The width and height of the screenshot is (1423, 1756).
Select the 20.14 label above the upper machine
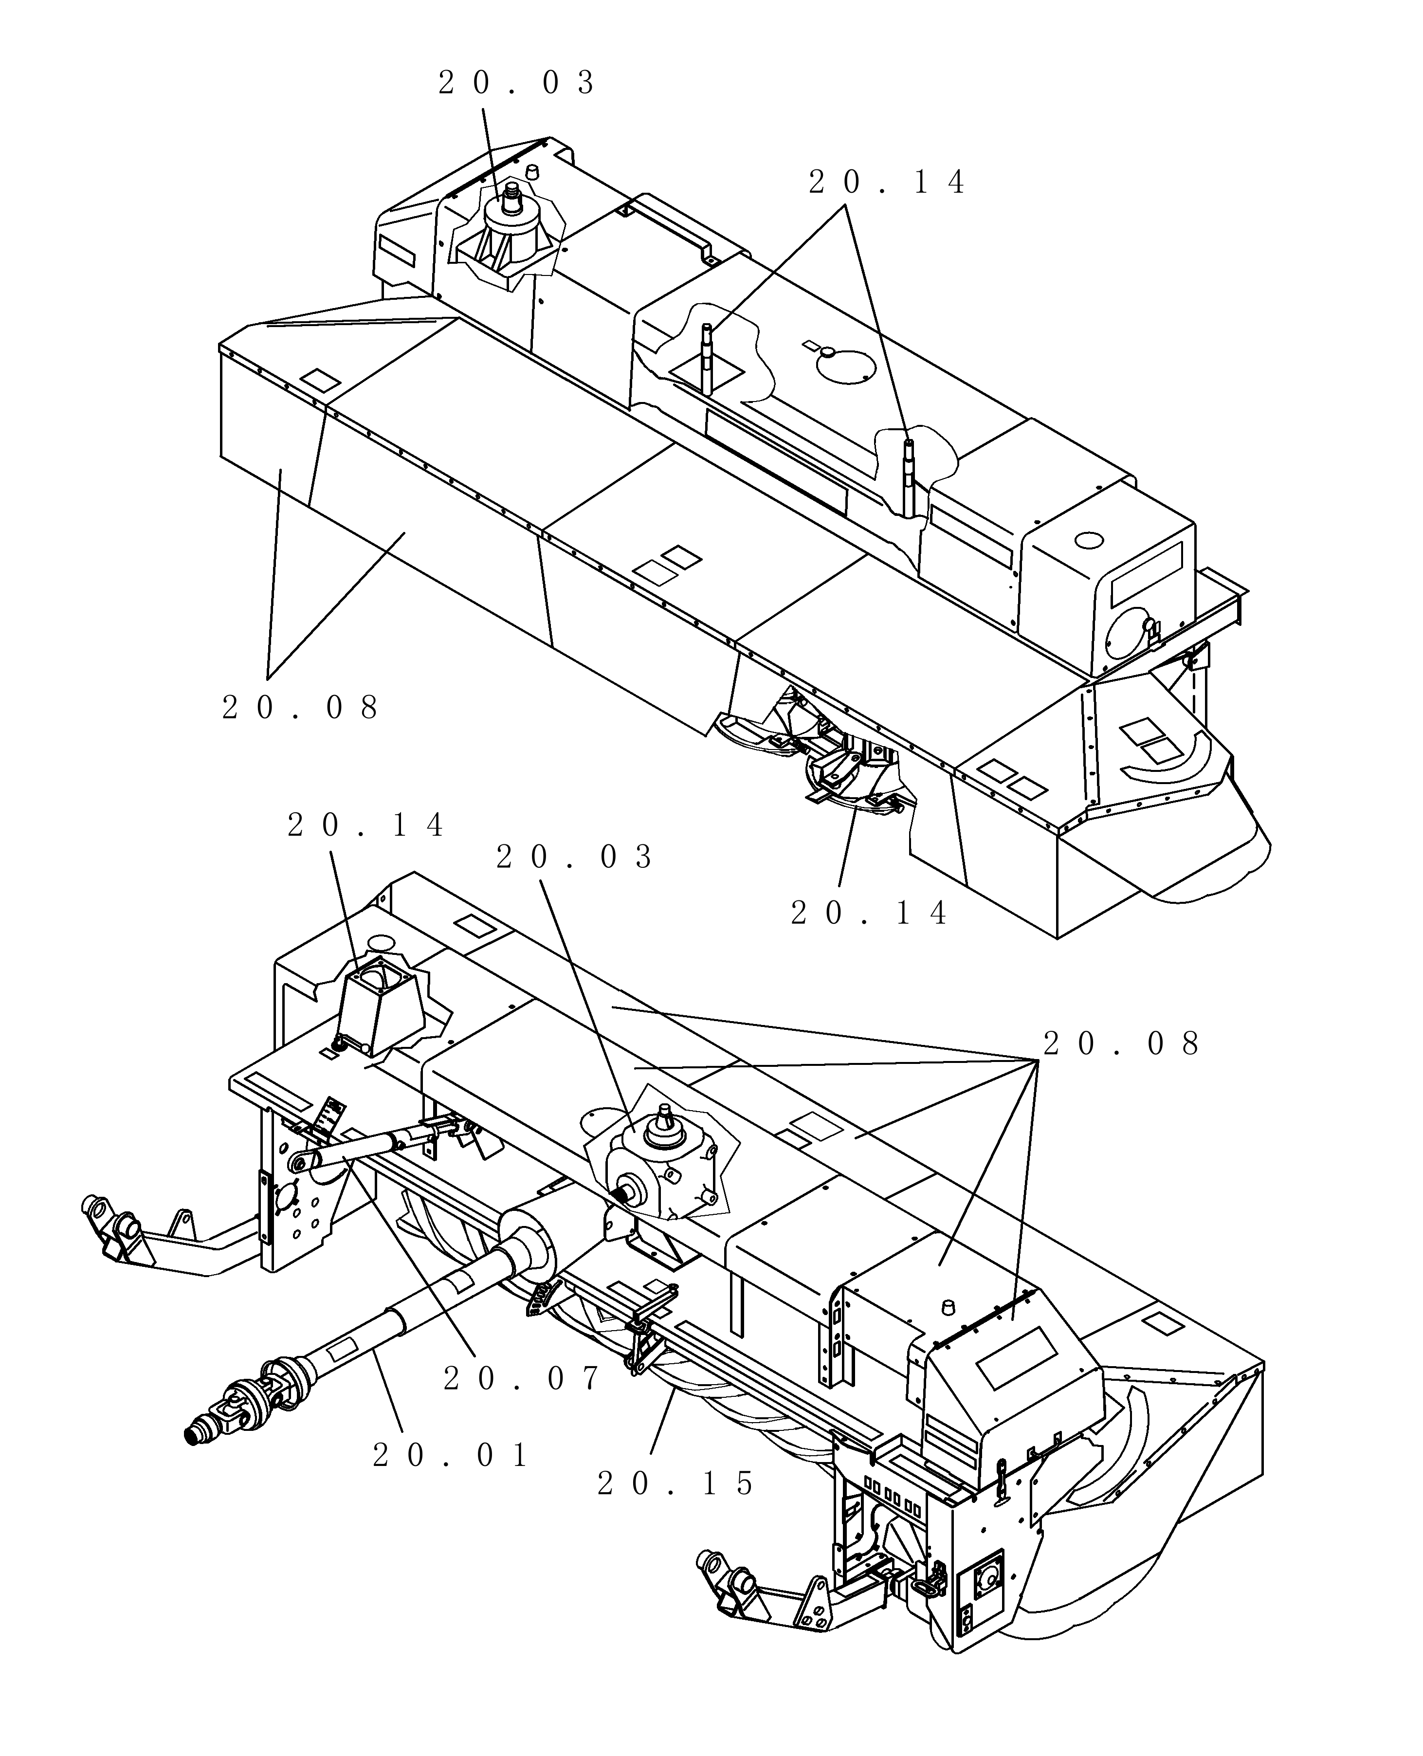tap(887, 182)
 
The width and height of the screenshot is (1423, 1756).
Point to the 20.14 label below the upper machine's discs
tap(869, 913)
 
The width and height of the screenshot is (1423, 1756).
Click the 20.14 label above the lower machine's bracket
tap(365, 825)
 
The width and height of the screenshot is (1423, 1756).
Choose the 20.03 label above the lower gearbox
tap(575, 858)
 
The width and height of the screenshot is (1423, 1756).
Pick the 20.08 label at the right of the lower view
tap(1121, 1043)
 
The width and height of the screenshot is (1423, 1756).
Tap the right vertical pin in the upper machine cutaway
tap(908, 478)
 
